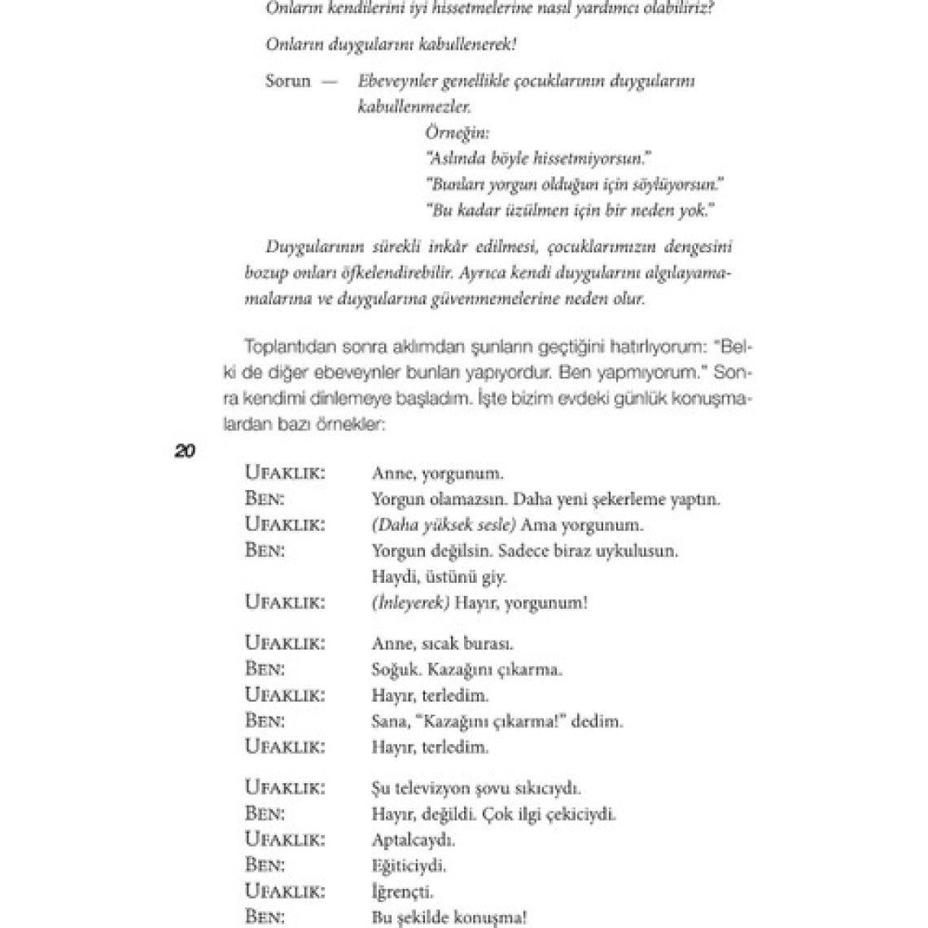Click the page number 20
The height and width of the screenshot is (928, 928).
[x=185, y=450]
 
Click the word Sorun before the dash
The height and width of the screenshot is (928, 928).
[x=288, y=81]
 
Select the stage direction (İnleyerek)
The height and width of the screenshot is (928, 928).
[x=410, y=602]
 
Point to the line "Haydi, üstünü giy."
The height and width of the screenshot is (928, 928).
[x=439, y=577]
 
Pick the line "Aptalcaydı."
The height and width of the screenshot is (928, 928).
[x=413, y=839]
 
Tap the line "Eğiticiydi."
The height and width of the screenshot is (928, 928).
[x=409, y=865]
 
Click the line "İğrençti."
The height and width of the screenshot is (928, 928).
[x=402, y=891]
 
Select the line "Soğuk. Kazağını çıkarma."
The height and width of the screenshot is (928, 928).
[x=466, y=670]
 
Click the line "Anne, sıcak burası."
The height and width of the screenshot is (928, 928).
[x=442, y=643]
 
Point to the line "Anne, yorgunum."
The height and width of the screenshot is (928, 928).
[x=437, y=473]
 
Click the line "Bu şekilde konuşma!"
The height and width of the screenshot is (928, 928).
[x=449, y=917]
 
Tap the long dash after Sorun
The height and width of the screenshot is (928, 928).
[x=330, y=81]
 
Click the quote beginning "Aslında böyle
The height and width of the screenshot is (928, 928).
[x=540, y=158]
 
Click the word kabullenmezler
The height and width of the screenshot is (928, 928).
[x=414, y=107]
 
